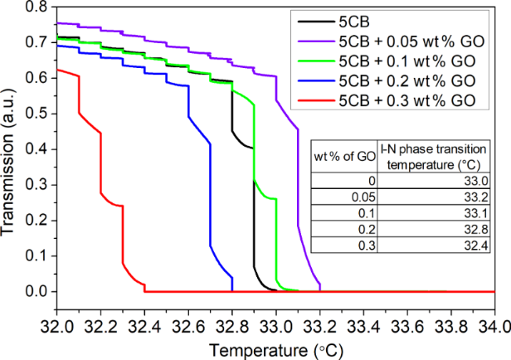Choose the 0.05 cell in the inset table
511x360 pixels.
[364, 197]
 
